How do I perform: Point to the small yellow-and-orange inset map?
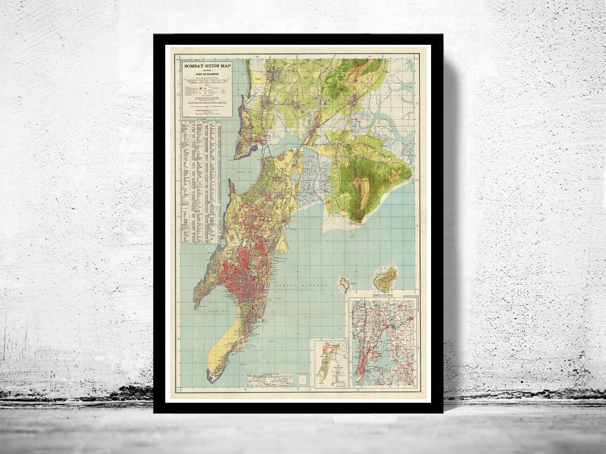pos(331,363)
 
